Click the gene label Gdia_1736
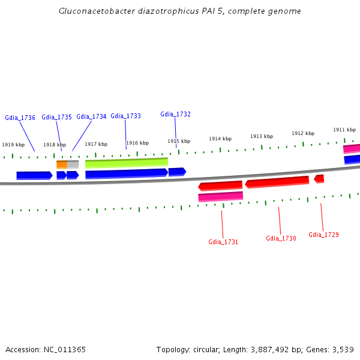20,118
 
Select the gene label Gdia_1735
56,117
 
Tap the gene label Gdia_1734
91,116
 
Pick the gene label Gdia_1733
125,116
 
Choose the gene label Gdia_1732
175,114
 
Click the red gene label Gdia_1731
223,242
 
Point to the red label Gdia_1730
281,238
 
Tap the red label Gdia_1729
323,235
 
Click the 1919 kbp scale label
13,145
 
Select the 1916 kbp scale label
137,143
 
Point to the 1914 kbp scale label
220,139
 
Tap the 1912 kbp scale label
303,133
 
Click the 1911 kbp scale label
344,130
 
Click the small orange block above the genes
62,164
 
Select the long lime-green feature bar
126,162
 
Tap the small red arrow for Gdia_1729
319,178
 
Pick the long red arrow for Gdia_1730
277,181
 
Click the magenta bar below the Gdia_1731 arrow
220,196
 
